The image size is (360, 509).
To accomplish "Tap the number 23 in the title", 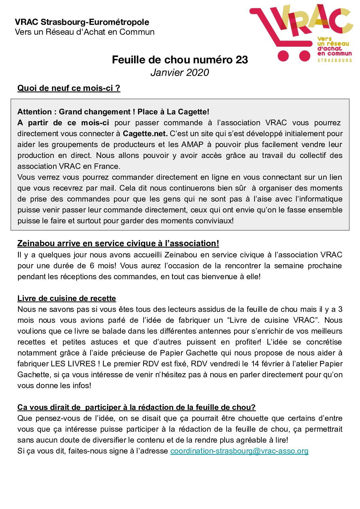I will pos(242,60).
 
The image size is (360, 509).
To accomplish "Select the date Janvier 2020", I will pos(180,73).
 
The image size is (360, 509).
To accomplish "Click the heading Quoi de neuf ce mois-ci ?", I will pos(69,88).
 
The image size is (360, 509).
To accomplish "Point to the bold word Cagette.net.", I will pos(145,133).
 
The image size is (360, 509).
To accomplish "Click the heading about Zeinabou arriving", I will pos(118,243).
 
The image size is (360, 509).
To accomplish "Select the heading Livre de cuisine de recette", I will pos(67,299).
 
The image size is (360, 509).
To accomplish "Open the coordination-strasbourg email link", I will pos(239,451).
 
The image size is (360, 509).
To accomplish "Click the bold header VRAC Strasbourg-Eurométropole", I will pos(82,22).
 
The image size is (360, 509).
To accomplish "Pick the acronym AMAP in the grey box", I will pos(192,144).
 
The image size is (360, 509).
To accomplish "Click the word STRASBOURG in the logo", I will pos(334,60).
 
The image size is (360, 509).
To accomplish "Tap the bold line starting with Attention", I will pos(113,112).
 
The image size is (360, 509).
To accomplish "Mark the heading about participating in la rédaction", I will pos(136,408).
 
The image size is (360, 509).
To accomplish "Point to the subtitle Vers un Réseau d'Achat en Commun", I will pos(85,32).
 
